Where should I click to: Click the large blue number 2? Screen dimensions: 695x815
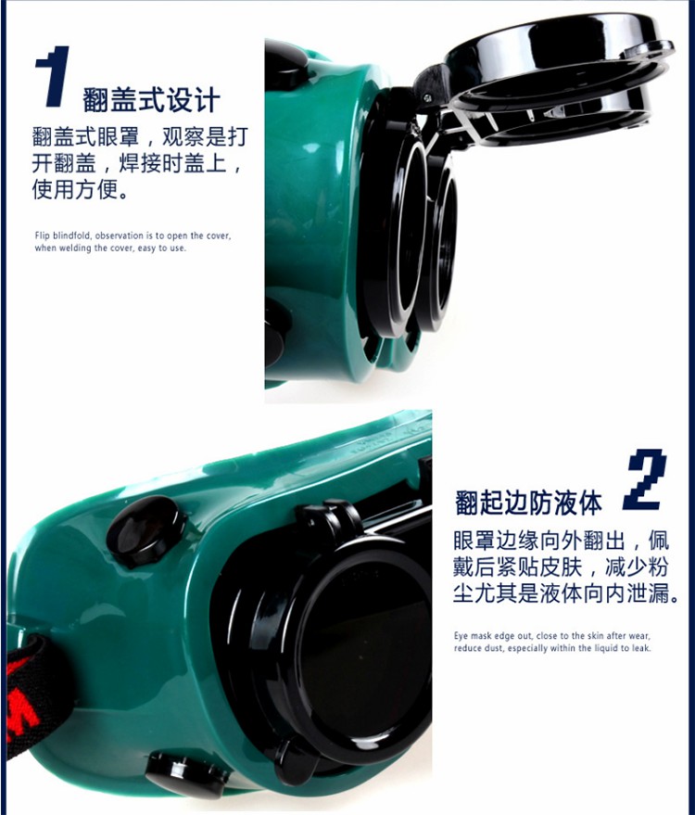click(645, 479)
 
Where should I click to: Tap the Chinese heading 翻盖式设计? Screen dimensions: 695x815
click(151, 100)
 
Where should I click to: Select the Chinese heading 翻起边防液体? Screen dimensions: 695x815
click(528, 503)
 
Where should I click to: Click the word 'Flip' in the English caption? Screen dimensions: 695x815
click(42, 236)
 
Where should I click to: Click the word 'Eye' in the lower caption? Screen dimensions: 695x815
click(461, 636)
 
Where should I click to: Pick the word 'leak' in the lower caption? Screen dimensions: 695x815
click(641, 648)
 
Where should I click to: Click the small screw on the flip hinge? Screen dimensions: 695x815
click(427, 97)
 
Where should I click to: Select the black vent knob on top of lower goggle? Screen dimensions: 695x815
click(146, 529)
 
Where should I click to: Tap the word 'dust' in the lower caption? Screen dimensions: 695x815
click(494, 648)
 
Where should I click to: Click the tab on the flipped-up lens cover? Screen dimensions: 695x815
click(649, 49)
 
